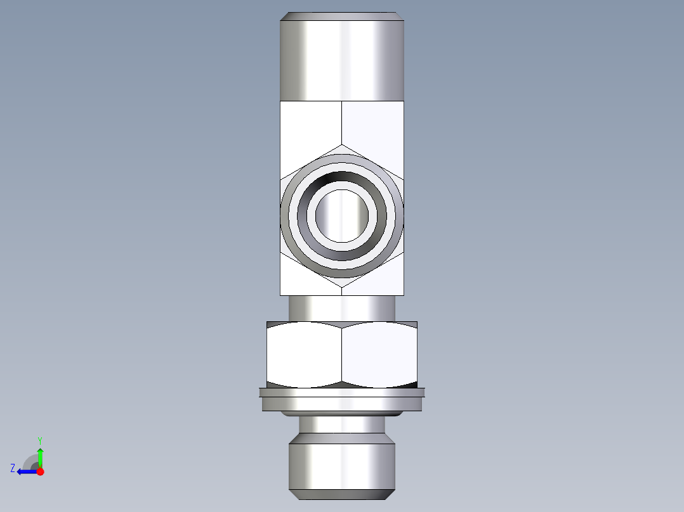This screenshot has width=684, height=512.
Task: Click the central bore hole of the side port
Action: [x=342, y=215]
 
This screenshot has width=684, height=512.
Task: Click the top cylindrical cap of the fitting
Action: [x=342, y=60]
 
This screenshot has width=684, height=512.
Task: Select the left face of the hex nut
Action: [x=304, y=355]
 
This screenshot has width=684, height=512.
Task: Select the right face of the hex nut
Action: [x=379, y=355]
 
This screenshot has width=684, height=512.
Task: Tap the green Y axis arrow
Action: [x=40, y=455]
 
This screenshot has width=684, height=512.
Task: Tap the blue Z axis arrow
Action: [x=25, y=471]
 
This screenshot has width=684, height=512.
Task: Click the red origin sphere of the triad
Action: [x=40, y=471]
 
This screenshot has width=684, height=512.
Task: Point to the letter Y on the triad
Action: [x=40, y=440]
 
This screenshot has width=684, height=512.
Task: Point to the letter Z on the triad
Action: [x=13, y=468]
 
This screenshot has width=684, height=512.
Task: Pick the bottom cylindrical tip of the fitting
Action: [x=342, y=466]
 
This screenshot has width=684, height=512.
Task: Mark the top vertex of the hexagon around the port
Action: [x=342, y=145]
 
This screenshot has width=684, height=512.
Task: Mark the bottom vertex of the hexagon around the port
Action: [x=342, y=287]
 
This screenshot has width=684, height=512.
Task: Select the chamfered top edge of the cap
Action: [x=342, y=16]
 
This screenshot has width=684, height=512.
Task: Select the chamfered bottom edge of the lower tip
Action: [x=342, y=494]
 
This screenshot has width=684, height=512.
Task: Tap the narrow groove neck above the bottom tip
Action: [x=342, y=425]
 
